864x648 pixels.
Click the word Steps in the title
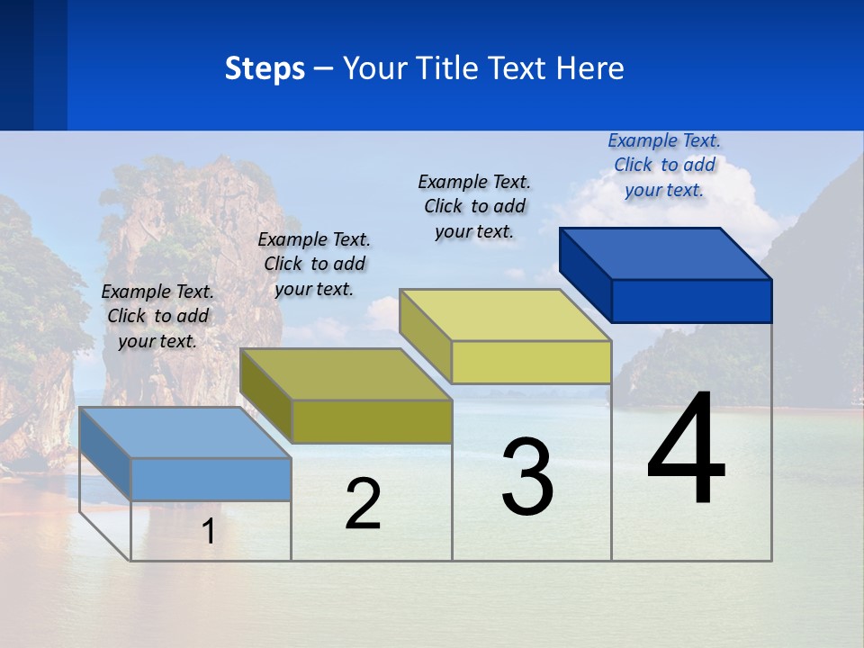click(x=265, y=68)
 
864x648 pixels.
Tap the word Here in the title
click(x=590, y=68)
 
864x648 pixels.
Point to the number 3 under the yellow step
click(x=527, y=477)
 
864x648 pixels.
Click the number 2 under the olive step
click(x=363, y=504)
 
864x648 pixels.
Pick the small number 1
click(x=208, y=531)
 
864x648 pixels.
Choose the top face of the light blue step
click(x=185, y=433)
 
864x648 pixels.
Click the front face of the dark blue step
click(x=691, y=301)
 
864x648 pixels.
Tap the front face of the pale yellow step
click(x=531, y=362)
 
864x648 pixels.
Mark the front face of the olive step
click(x=371, y=421)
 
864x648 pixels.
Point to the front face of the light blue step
click(x=211, y=479)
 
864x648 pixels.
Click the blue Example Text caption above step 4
click(x=664, y=165)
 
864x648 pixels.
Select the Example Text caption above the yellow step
click(x=474, y=206)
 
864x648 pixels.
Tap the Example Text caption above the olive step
click(x=314, y=264)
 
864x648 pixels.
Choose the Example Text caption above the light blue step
click(x=157, y=316)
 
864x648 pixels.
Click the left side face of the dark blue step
click(x=586, y=274)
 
